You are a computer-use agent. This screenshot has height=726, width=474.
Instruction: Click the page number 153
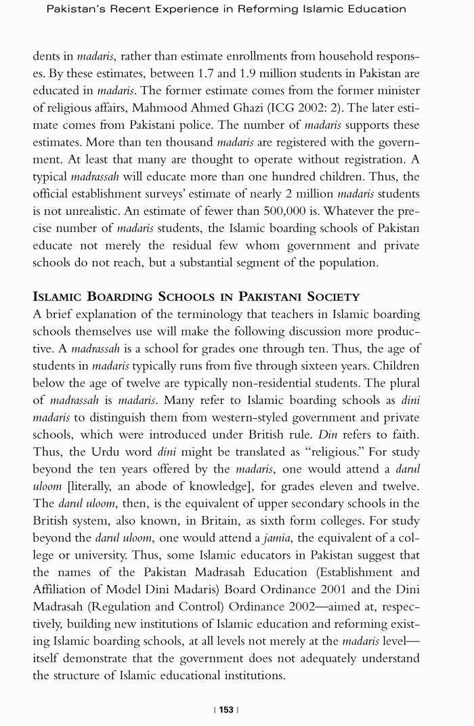226,709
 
